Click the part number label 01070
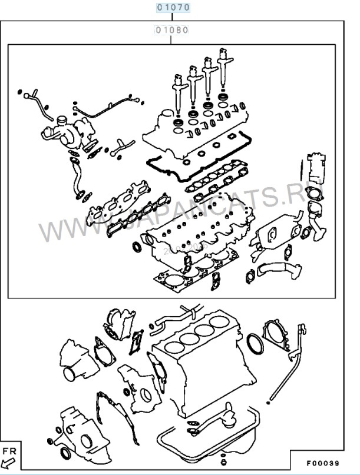tap(173, 8)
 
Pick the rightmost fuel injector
tap(223, 64)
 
